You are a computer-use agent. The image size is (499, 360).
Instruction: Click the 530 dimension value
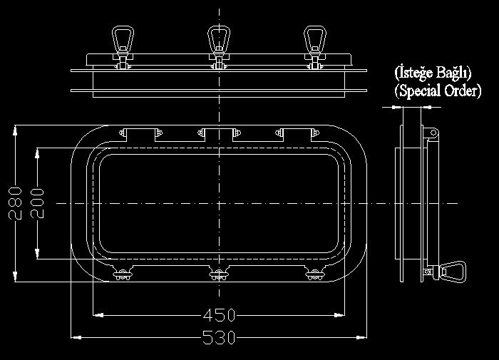click(x=219, y=337)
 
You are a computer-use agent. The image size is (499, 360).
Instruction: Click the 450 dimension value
click(x=219, y=315)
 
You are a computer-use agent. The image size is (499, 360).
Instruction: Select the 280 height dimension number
click(x=15, y=203)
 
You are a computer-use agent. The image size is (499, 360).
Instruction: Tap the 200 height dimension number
click(x=37, y=203)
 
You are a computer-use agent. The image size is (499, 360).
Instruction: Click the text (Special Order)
click(x=438, y=91)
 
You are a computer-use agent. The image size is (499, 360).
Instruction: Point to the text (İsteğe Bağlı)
click(x=433, y=72)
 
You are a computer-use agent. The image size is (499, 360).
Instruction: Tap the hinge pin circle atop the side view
click(x=433, y=133)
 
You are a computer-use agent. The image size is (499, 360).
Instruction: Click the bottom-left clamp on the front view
click(x=123, y=274)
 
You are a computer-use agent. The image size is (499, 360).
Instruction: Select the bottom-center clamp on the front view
click(x=219, y=274)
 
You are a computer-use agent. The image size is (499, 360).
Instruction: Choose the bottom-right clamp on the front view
click(x=315, y=274)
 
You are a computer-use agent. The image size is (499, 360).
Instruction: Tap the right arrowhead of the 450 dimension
click(x=339, y=315)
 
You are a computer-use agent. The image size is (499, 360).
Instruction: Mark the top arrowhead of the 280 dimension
click(x=15, y=131)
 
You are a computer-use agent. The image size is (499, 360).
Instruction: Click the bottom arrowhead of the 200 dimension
click(x=37, y=254)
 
